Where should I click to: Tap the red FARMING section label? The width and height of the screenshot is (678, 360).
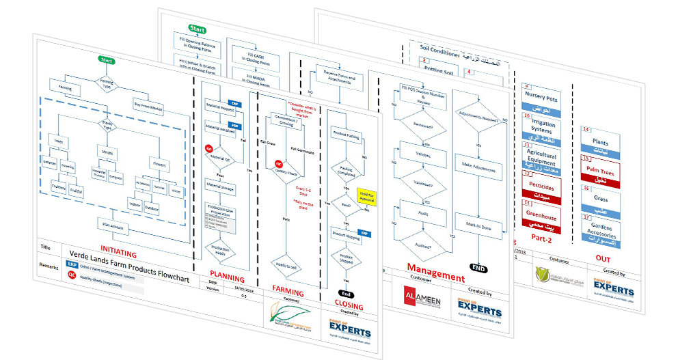pos(288,290)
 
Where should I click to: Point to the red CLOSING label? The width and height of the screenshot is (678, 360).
pos(348,307)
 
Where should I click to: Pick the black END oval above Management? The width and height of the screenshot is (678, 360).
pos(478,268)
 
